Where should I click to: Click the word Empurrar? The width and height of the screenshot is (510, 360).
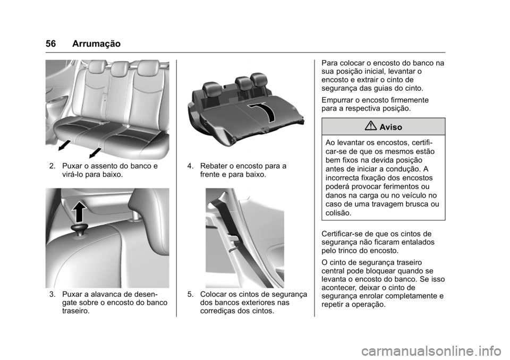click(339, 100)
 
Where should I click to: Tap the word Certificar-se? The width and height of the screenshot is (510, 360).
click(344, 234)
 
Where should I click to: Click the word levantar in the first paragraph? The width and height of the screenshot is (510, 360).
click(405, 72)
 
